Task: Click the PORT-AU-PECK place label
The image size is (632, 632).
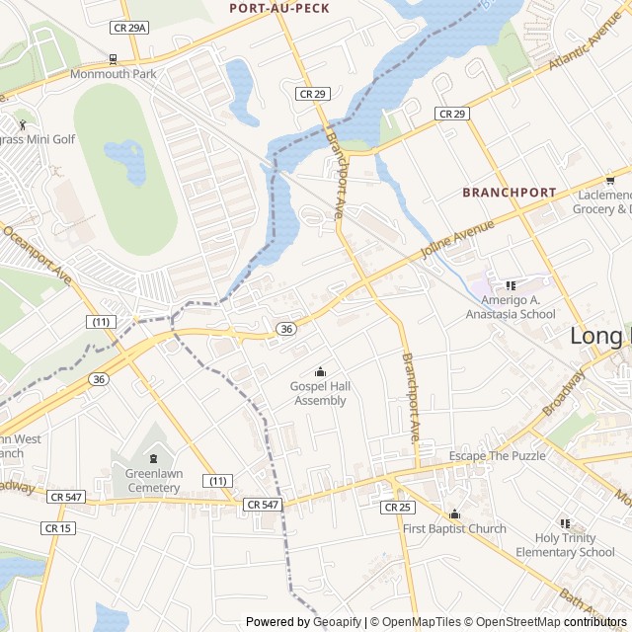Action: [278, 8]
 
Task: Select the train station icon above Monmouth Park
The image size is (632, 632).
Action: [113, 58]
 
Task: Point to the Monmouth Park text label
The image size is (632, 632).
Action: [113, 74]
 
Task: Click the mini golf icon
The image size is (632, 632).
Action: [22, 124]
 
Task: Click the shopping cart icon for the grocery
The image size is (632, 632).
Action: [610, 180]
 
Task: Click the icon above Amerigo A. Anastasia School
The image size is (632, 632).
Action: [511, 285]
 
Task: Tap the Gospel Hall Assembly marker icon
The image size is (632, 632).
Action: [320, 372]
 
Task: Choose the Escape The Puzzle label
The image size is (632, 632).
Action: [497, 455]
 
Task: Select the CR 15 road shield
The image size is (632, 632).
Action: [57, 528]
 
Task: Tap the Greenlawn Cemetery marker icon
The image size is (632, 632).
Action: [153, 458]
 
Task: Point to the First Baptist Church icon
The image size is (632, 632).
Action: [454, 513]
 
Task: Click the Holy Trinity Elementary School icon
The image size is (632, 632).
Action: [565, 523]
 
